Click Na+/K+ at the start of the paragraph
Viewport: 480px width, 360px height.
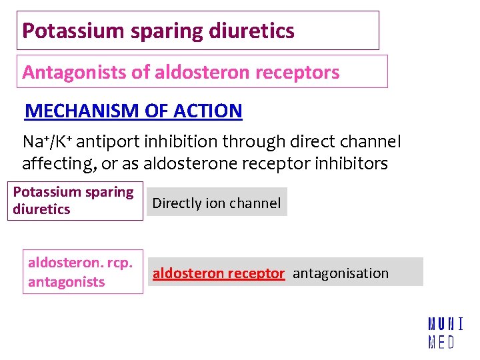pos(47,142)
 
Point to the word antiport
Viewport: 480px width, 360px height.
pos(109,142)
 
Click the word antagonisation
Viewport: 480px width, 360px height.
pos(340,273)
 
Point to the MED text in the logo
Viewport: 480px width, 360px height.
pos(441,343)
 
